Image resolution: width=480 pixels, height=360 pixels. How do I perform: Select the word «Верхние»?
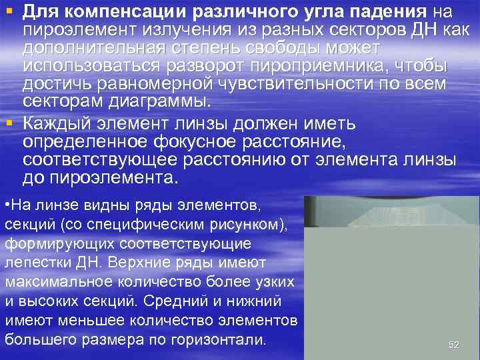click(145, 263)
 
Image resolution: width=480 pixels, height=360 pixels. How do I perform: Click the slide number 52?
click(454, 345)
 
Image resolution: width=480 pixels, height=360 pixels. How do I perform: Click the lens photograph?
click(391, 276)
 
